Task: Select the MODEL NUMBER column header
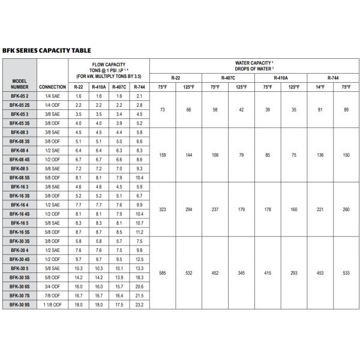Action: pos(19,83)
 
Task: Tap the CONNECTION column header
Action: pos(52,87)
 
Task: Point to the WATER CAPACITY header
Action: pos(255,65)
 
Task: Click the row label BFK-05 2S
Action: pos(19,104)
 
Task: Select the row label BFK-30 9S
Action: pos(19,305)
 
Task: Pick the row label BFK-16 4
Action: pos(19,205)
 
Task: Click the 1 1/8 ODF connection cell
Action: pos(52,305)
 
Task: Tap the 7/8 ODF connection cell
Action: pos(52,296)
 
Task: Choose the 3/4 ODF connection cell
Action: pos(52,287)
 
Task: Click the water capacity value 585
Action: pos(162,274)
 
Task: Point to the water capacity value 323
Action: pos(162,210)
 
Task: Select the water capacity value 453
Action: pos(320,274)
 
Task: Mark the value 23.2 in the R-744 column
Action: pos(140,305)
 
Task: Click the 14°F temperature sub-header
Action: pos(320,87)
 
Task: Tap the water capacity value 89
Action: pos(346,109)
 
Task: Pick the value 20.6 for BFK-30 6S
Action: pos(140,287)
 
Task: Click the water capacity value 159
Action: pos(162,155)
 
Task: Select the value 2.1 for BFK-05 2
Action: pos(140,96)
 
